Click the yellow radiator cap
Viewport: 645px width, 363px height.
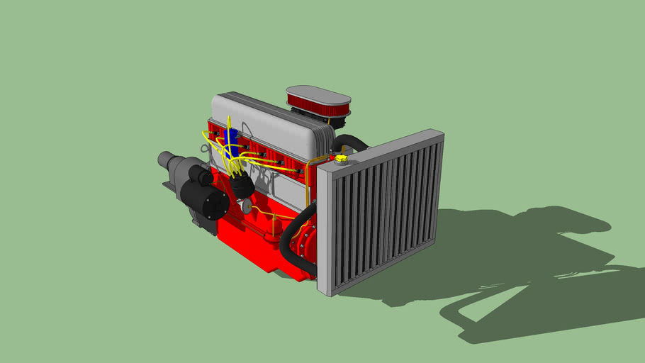pyautogui.click(x=342, y=158)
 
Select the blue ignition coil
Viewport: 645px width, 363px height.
pyautogui.click(x=228, y=138)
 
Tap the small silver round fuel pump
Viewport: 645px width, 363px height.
pyautogui.click(x=247, y=206)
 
